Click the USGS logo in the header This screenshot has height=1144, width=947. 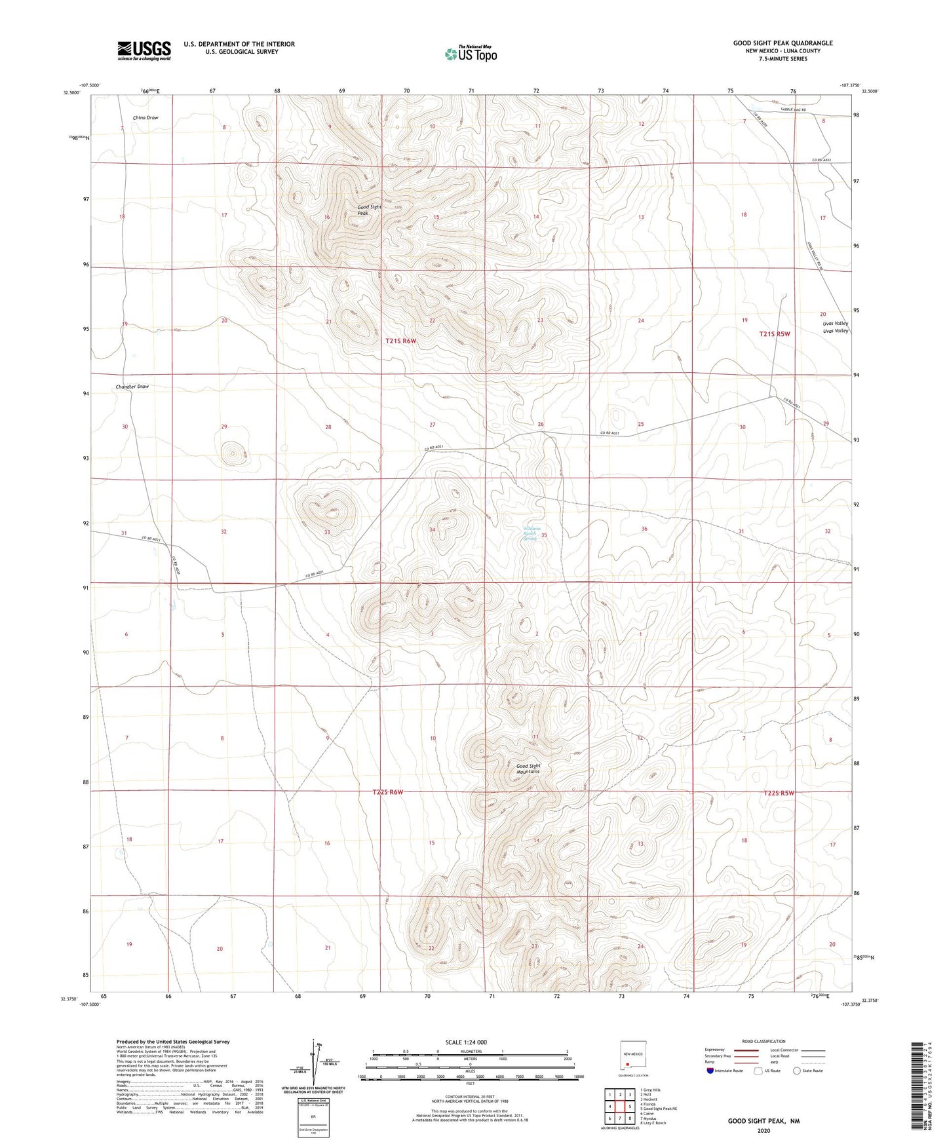(144, 50)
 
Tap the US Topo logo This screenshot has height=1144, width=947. (471, 54)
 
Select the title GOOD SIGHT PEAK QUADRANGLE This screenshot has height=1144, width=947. (783, 43)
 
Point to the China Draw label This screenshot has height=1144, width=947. (145, 118)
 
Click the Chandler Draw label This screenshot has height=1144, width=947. (132, 387)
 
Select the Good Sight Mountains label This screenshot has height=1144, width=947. (528, 769)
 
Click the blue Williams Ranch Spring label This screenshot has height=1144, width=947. (531, 533)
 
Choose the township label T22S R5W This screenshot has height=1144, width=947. (779, 793)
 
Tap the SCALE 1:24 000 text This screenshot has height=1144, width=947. (466, 1042)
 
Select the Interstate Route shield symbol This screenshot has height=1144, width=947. (711, 1071)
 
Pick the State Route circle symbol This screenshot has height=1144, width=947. (797, 1071)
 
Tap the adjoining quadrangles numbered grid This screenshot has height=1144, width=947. (619, 1107)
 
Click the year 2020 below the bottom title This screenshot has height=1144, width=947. (763, 1130)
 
